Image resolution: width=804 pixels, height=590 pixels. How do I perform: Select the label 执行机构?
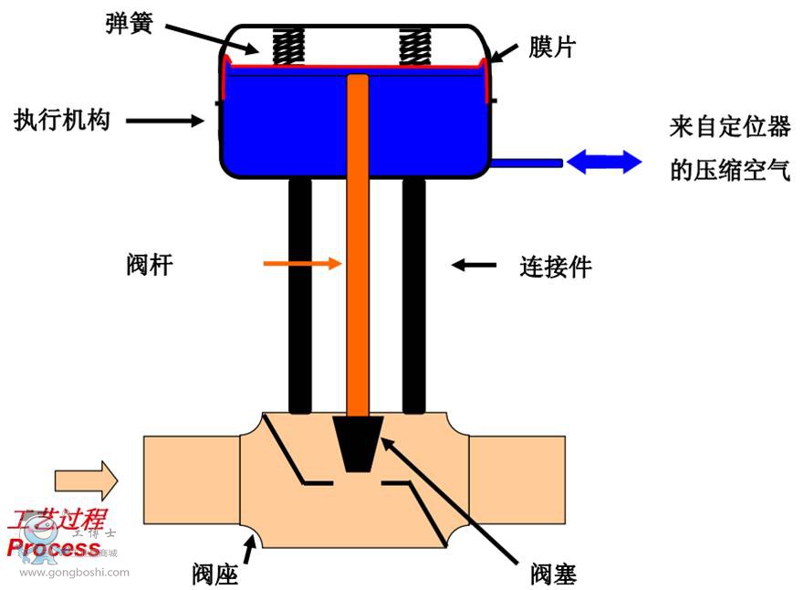click(x=62, y=120)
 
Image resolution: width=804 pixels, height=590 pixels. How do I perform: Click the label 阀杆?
click(x=149, y=265)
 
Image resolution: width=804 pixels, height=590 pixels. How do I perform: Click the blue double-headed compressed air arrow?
click(x=604, y=163)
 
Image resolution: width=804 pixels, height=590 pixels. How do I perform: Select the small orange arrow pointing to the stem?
click(x=301, y=264)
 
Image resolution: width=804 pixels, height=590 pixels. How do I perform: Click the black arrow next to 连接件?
click(x=475, y=266)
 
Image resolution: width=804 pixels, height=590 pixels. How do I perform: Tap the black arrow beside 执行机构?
click(x=164, y=120)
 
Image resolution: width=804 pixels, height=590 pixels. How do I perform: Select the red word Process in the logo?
click(x=53, y=548)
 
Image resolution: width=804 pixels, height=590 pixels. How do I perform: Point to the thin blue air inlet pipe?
click(x=527, y=163)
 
